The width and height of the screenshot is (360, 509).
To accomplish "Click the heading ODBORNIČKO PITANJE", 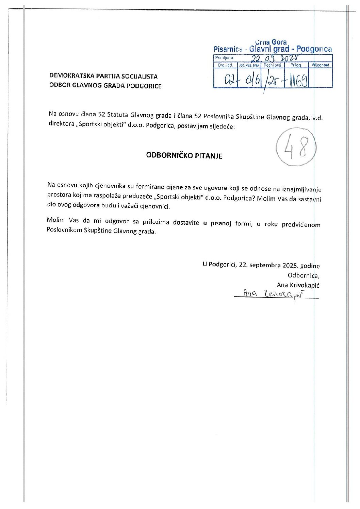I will tap(184, 156).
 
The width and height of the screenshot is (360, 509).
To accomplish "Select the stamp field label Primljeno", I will tap(225, 58).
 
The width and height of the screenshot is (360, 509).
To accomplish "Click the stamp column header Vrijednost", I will tap(320, 65).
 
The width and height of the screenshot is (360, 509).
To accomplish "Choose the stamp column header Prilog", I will tap(296, 65).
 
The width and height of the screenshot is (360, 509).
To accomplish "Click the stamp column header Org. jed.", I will tap(225, 65).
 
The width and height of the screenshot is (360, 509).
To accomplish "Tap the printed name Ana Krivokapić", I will tap(298, 285).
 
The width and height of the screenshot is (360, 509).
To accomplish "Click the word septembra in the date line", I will tap(264, 265).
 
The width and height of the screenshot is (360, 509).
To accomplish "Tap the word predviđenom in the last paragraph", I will tap(301, 224).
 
